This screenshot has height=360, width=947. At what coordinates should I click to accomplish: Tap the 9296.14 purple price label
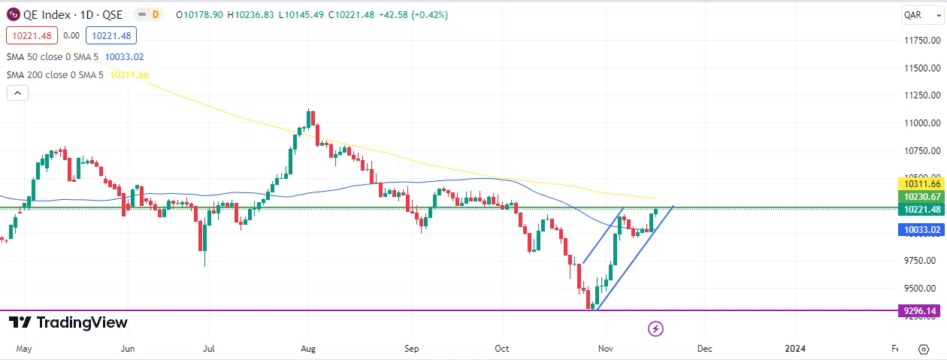921,310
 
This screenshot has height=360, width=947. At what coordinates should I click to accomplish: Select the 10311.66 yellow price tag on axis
921,183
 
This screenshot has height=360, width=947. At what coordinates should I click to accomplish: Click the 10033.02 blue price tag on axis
921,230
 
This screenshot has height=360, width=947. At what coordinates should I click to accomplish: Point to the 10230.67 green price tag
921,197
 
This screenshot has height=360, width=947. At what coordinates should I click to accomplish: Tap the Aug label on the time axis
308,349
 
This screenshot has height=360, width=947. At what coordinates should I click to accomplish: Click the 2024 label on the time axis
795,349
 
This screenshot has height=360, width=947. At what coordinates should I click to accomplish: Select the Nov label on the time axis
604,349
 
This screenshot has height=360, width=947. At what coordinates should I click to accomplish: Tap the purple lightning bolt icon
655,328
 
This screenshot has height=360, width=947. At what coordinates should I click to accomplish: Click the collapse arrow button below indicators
17,93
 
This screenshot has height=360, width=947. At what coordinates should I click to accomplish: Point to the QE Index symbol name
48,14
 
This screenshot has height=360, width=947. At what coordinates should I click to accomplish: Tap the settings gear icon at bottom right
923,349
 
